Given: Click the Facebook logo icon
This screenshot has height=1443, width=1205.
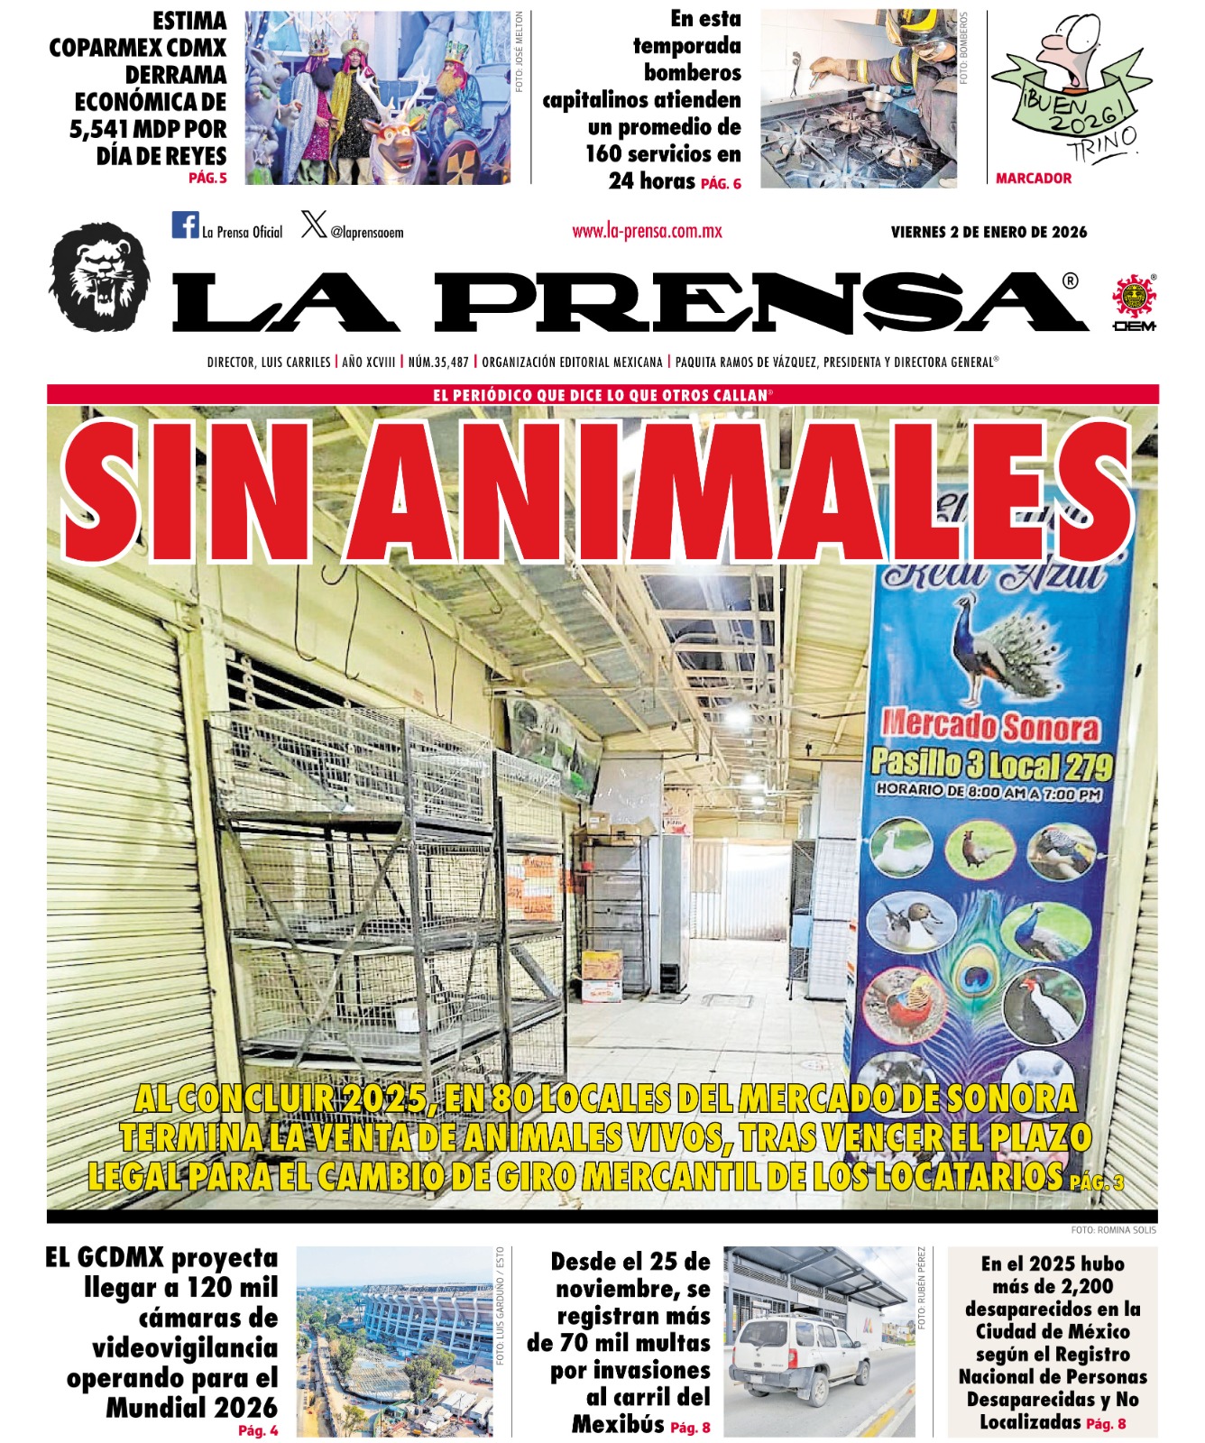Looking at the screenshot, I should [x=185, y=225].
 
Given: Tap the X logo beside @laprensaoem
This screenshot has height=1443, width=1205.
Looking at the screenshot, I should [x=314, y=224].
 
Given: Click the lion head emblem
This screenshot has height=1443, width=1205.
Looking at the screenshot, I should [x=99, y=276].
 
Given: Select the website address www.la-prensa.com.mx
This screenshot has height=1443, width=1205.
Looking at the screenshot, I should [x=647, y=231].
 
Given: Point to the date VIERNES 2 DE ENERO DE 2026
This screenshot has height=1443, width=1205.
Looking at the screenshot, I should [x=989, y=232].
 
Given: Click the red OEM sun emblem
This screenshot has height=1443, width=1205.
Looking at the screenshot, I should [x=1134, y=297].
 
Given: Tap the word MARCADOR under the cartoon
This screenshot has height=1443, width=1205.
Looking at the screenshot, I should [x=1034, y=179].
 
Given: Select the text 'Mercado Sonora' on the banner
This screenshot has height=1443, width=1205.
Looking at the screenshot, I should [x=990, y=725].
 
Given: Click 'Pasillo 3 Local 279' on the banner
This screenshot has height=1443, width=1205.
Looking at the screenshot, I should [x=991, y=765].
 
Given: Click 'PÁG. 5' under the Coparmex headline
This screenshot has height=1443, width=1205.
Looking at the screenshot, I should [x=207, y=179].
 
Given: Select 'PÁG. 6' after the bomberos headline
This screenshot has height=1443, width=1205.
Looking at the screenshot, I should [x=721, y=184].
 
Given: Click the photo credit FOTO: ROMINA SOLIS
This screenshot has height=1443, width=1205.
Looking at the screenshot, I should [x=1113, y=1229].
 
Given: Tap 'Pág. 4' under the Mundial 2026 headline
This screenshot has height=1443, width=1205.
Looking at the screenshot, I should [x=258, y=1430].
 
